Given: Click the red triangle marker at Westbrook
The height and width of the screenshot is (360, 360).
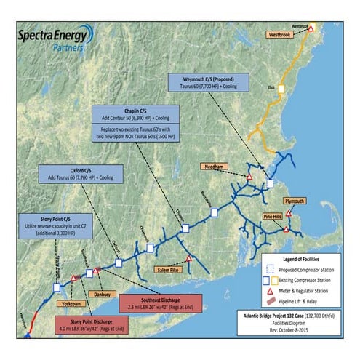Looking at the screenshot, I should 311,28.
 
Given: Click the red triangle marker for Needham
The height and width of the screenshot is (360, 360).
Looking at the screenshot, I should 249,177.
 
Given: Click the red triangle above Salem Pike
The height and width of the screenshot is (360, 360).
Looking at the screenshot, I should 188,258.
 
